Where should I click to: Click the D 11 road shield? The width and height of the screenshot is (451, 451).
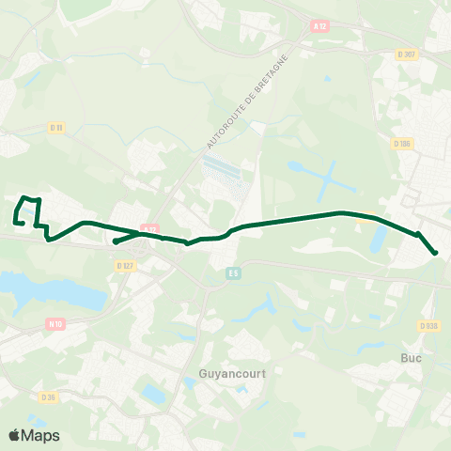click(x=56, y=128)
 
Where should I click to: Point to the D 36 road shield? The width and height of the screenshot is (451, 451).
click(x=50, y=397)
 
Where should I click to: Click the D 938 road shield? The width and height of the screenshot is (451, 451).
click(x=429, y=326)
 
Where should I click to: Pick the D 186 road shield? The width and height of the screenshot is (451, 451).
click(x=403, y=144)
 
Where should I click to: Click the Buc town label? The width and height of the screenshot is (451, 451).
click(x=411, y=358)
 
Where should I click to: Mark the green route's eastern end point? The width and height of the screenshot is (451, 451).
click(x=436, y=253)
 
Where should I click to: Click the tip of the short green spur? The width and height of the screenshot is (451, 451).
click(x=115, y=241)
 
